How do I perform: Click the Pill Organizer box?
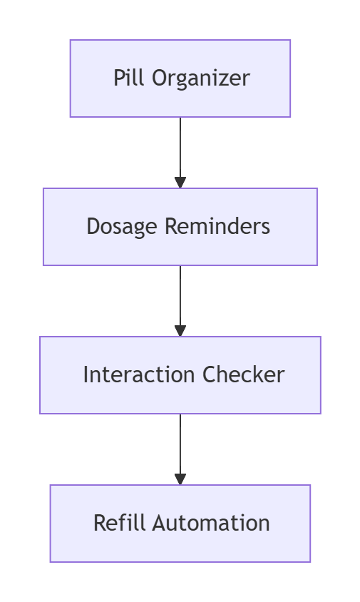[x=180, y=78]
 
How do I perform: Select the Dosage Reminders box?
[x=180, y=227]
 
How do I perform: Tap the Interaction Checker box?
[x=180, y=375]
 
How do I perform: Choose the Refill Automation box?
[x=180, y=524]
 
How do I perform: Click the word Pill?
[x=128, y=78]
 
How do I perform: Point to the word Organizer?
[x=201, y=78]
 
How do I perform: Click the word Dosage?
[x=122, y=227]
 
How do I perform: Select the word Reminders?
[x=217, y=226]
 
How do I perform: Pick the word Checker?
[x=243, y=374]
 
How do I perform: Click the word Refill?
[x=120, y=523]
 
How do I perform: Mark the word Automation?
[x=211, y=523]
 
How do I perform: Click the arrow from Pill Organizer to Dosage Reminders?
[x=180, y=153]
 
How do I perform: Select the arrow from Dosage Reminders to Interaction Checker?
[x=180, y=300]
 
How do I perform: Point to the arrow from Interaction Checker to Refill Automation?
[x=180, y=449]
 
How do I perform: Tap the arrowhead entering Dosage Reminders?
[x=180, y=183]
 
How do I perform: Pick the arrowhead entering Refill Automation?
[x=180, y=479]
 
